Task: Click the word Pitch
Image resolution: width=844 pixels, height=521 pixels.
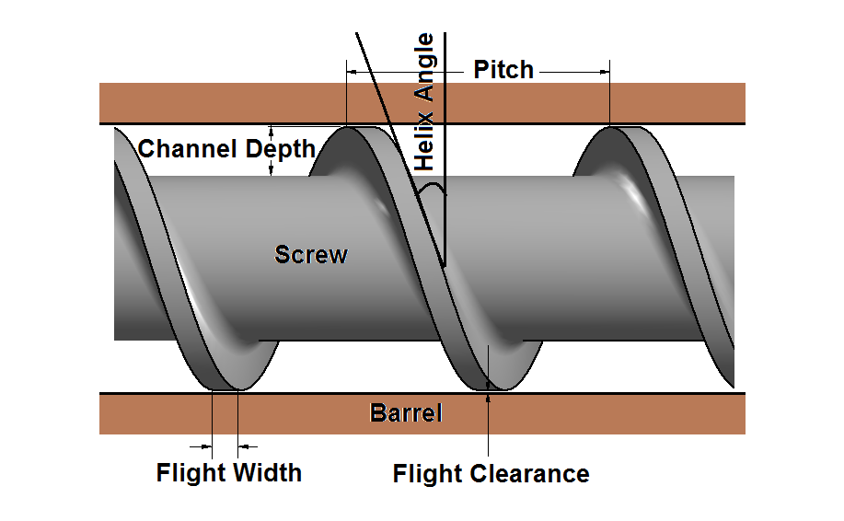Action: (x=503, y=70)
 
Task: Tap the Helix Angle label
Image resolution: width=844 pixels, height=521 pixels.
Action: (x=424, y=102)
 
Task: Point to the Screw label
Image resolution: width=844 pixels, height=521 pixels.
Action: (x=311, y=254)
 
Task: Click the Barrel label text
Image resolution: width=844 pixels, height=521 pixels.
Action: (x=406, y=413)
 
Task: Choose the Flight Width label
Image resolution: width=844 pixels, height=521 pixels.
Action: (x=229, y=473)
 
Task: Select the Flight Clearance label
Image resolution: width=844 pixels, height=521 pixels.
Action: (x=491, y=474)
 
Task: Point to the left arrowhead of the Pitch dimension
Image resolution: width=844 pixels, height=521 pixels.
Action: (x=351, y=70)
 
